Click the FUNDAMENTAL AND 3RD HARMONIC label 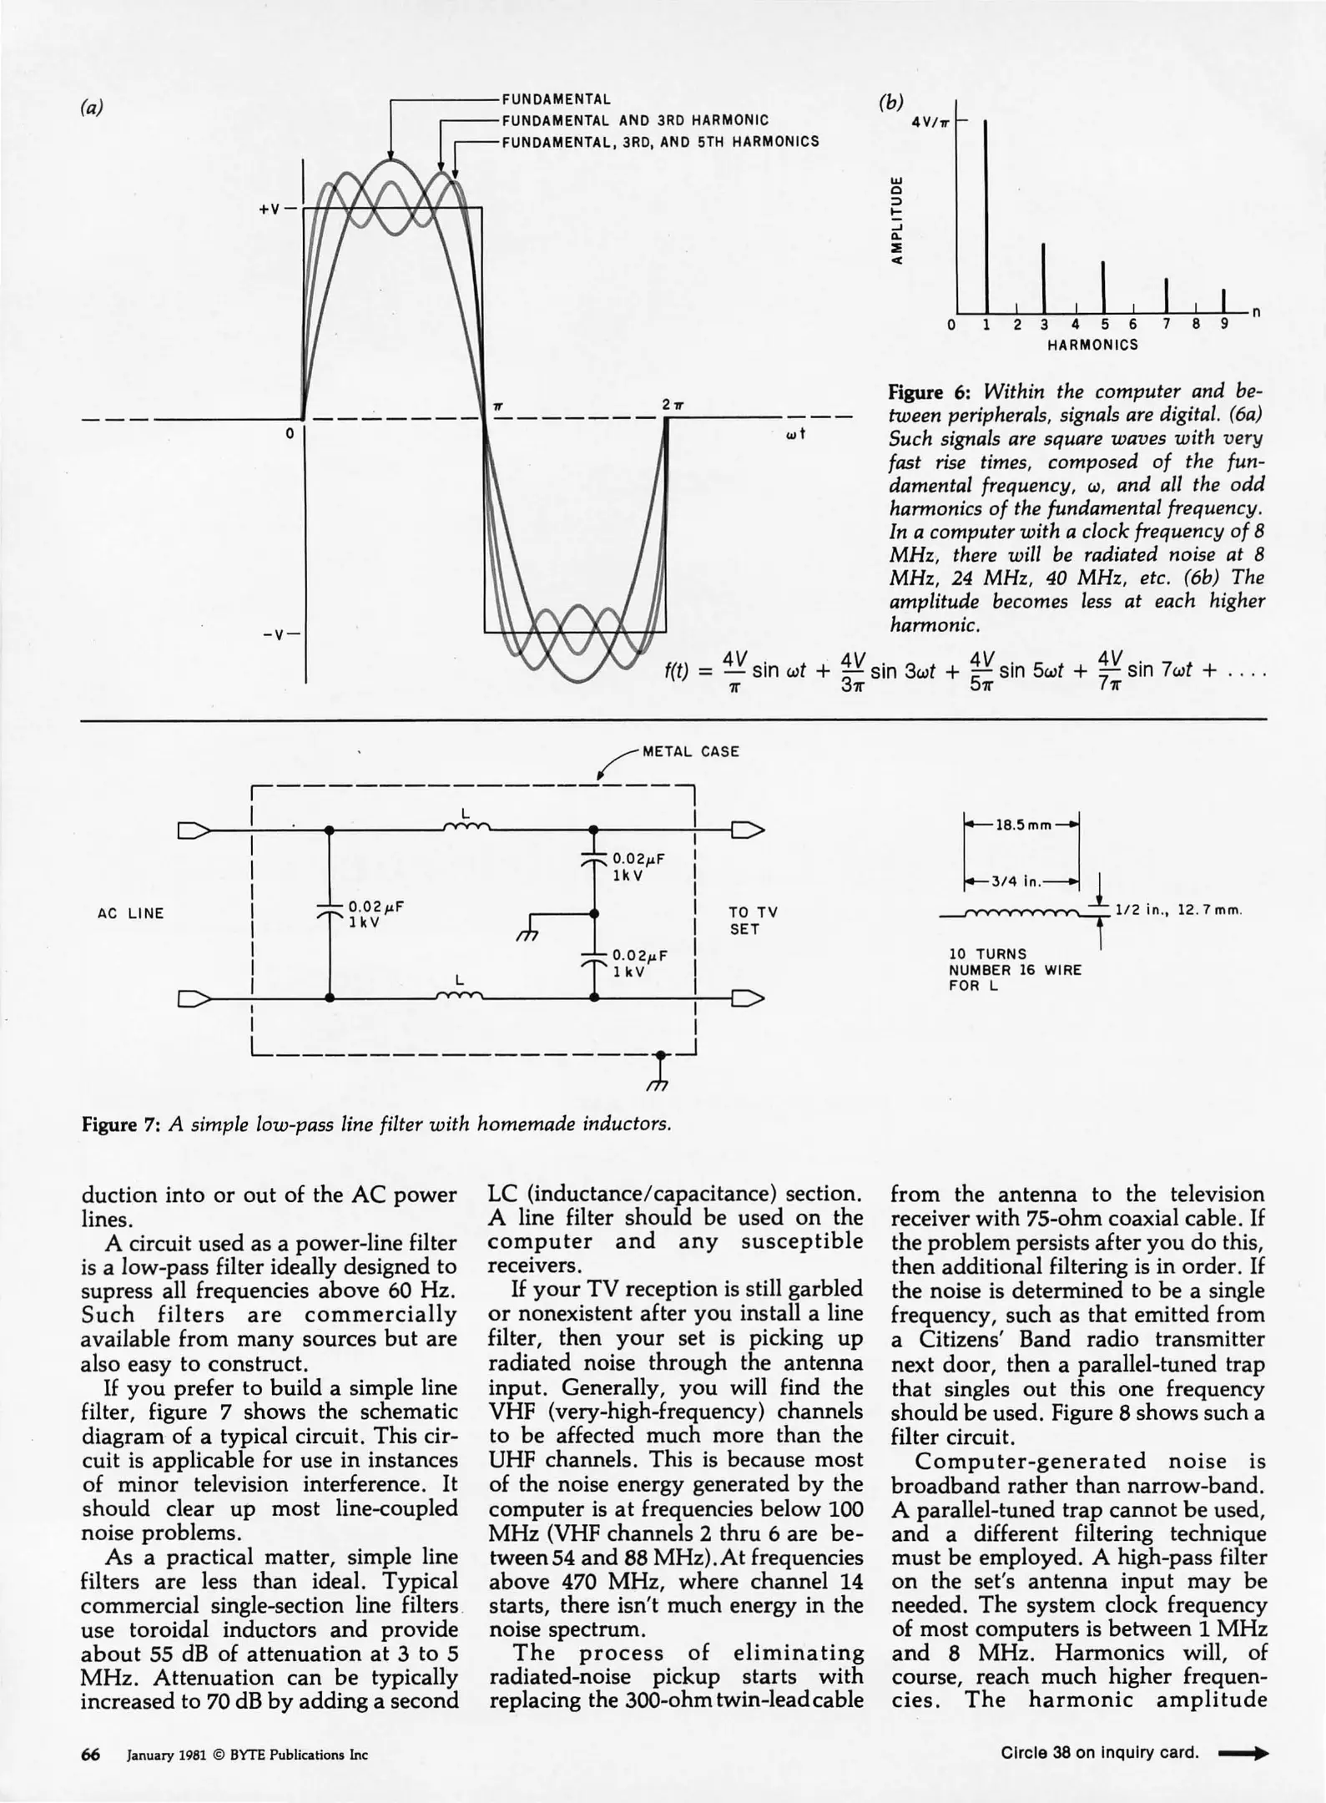(x=634, y=120)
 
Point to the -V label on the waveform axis (x=272, y=634)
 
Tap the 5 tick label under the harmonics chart (x=1105, y=325)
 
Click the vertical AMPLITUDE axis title (x=896, y=220)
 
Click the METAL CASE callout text (x=690, y=751)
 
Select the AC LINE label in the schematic (x=130, y=913)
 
